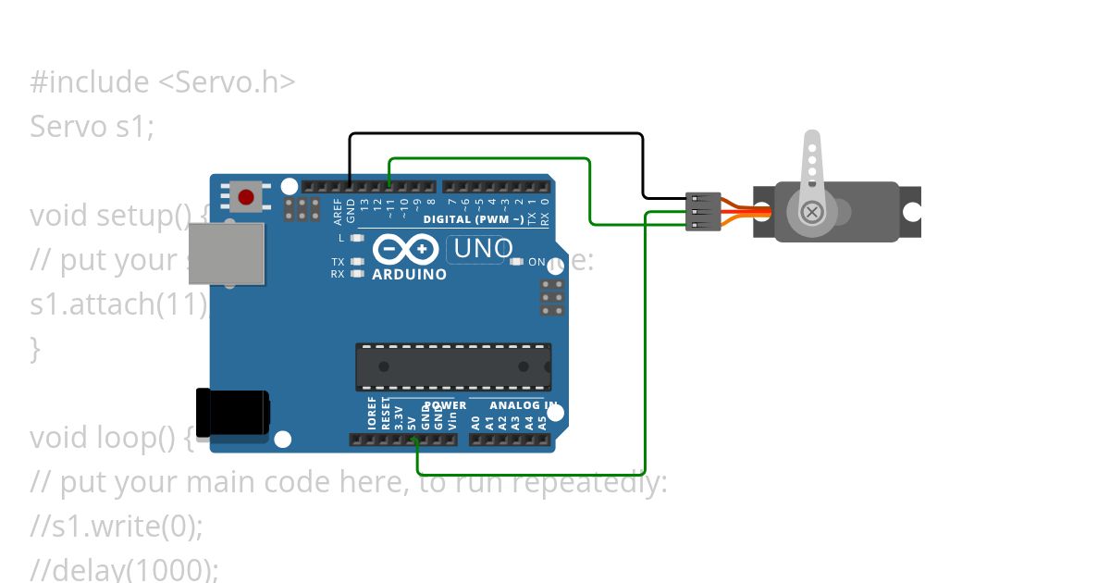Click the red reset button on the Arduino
pyautogui.click(x=246, y=197)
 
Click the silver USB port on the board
pyautogui.click(x=226, y=254)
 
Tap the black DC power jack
pyautogui.click(x=231, y=412)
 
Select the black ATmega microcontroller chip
pyautogui.click(x=453, y=366)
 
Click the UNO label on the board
pyautogui.click(x=480, y=249)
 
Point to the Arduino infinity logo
pyautogui.click(x=406, y=250)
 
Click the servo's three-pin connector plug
pyautogui.click(x=703, y=212)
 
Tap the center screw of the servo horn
pyautogui.click(x=812, y=213)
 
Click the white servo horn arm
pyautogui.click(x=811, y=167)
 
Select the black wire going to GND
pyautogui.click(x=496, y=134)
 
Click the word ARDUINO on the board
pyautogui.click(x=409, y=275)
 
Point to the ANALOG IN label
pyautogui.click(x=523, y=405)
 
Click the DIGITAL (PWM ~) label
pyautogui.click(x=474, y=219)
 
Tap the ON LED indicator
pyautogui.click(x=516, y=262)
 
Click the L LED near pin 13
pyautogui.click(x=356, y=238)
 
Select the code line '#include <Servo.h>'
pyautogui.click(x=163, y=82)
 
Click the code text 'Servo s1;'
pyautogui.click(x=92, y=126)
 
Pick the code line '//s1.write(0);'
pyautogui.click(x=117, y=526)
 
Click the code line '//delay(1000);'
pyautogui.click(x=125, y=568)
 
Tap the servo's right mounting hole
pyautogui.click(x=911, y=213)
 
